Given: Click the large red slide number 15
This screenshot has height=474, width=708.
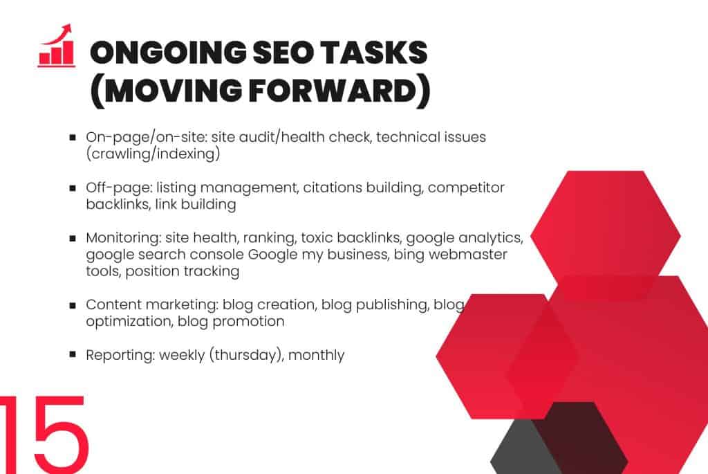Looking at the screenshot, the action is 43,435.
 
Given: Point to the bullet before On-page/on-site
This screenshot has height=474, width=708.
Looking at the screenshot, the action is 73,137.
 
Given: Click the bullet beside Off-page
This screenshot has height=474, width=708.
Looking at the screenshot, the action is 73,188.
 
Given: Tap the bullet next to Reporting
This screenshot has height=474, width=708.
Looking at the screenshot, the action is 73,354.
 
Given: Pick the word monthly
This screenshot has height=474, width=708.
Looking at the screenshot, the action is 316,355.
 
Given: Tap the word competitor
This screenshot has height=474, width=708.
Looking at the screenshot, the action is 466,188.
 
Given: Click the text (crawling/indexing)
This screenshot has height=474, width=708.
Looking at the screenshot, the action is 153,154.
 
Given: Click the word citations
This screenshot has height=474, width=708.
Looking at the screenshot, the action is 333,188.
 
